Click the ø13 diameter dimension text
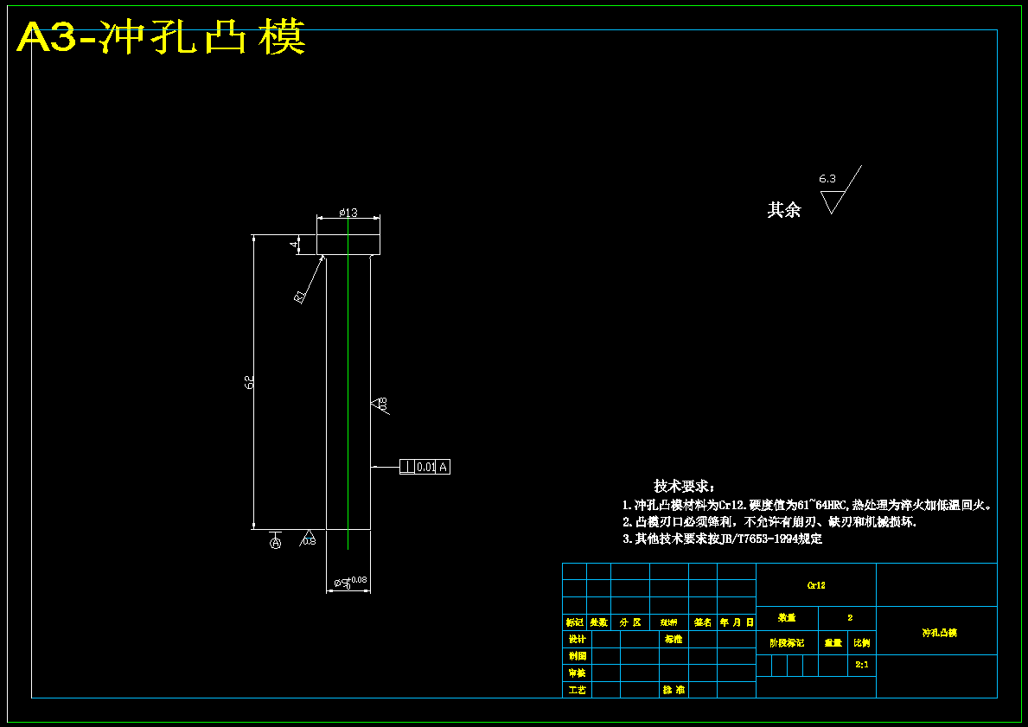click(x=348, y=212)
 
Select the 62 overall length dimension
click(x=249, y=381)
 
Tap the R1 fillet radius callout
click(x=300, y=297)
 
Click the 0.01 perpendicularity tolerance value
click(x=425, y=467)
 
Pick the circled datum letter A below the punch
click(x=276, y=543)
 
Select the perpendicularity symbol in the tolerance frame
click(x=406, y=467)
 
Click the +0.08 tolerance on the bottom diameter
click(x=358, y=580)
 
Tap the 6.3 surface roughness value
click(x=827, y=179)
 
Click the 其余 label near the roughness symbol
click(x=784, y=209)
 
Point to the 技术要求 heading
click(x=684, y=487)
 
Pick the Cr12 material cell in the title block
click(x=816, y=585)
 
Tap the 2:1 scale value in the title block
click(x=861, y=665)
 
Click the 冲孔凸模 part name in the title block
click(x=939, y=633)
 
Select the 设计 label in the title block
click(x=577, y=640)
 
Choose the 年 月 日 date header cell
click(x=737, y=622)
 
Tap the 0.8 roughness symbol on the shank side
click(x=380, y=404)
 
